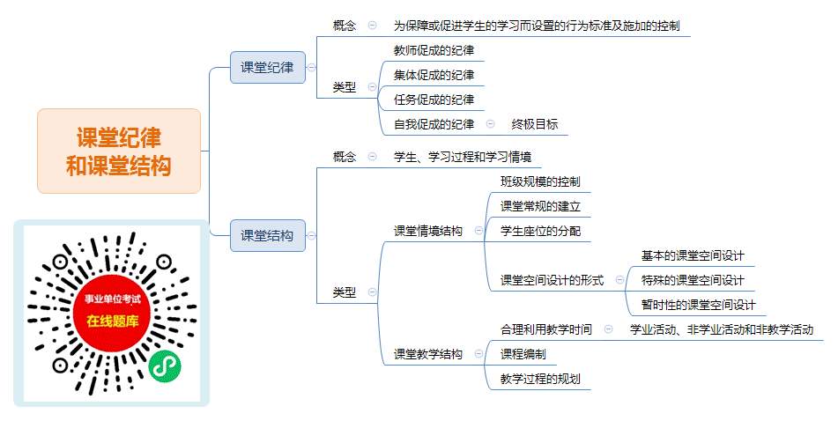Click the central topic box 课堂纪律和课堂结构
[119, 151]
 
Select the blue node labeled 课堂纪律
[268, 67]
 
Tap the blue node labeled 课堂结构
[268, 236]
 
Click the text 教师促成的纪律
[434, 50]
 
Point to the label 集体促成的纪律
[434, 75]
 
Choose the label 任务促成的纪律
[434, 100]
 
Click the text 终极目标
[535, 124]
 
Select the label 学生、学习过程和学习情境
[463, 157]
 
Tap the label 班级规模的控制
[540, 181]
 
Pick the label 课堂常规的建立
[540, 206]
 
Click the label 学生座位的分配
[540, 231]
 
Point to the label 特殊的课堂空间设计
[693, 280]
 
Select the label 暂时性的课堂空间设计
[699, 305]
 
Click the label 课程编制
[523, 354]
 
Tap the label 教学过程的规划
[540, 379]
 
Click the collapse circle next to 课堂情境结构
[478, 231]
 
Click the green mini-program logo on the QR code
[165, 366]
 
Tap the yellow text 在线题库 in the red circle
[113, 321]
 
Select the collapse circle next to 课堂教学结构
[478, 354]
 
